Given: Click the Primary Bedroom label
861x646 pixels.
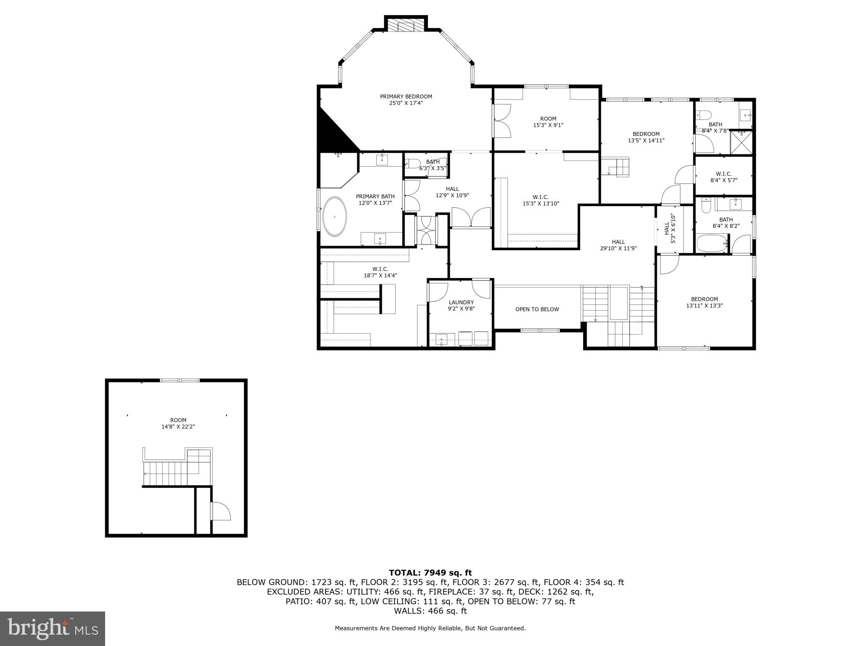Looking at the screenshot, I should tap(406, 100).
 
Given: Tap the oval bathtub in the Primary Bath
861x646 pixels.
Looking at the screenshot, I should tap(335, 216).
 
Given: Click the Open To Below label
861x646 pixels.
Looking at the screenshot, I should tap(537, 309).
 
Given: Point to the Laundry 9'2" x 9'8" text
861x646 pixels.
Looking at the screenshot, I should tap(461, 305).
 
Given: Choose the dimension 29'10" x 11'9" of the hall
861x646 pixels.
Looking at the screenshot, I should tap(618, 248).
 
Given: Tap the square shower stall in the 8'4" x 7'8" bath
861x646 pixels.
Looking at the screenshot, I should tap(741, 142).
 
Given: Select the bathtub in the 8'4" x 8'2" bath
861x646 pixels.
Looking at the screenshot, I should tap(711, 244).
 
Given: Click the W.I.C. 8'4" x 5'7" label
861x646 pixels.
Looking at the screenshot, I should tap(724, 177).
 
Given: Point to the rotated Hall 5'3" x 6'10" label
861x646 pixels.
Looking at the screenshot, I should tap(669, 228).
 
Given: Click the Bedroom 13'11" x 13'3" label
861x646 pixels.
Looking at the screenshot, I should tap(704, 302).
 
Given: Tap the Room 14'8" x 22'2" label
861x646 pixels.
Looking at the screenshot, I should tap(178, 423).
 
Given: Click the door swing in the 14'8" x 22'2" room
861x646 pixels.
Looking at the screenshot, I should tap(221, 511).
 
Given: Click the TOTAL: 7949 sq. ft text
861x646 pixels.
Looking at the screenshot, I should tap(430, 572).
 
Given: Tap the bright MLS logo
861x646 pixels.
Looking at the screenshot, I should tap(53, 628).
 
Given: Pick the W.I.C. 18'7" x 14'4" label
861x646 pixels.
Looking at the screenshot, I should tap(380, 272).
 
